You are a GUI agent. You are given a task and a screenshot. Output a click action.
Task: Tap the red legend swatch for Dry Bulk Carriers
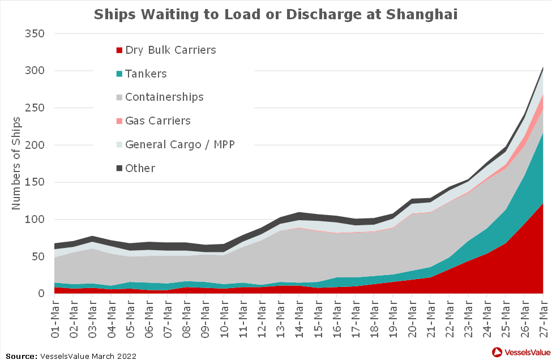point(119,50)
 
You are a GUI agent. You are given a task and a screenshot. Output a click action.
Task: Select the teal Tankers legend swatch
point(119,74)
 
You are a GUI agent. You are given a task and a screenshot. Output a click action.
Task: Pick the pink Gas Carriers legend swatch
point(119,121)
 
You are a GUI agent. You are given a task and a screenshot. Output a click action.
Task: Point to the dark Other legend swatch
point(119,168)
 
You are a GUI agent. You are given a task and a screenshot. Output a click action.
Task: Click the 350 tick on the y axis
point(33,34)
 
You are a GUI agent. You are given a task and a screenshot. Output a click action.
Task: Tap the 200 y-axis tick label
point(33,145)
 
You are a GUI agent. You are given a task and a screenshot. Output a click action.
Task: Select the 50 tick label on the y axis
point(37,257)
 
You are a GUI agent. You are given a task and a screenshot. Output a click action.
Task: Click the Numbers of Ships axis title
point(16,163)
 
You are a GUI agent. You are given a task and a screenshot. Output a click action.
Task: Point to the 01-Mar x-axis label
point(55,316)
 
